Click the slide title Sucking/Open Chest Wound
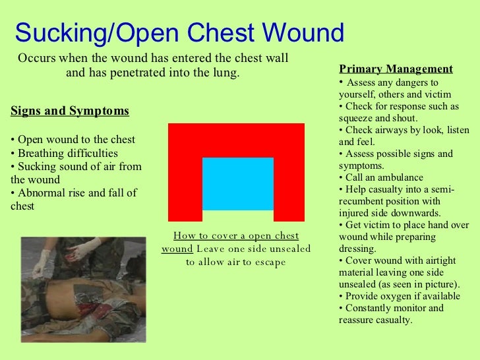point(179,32)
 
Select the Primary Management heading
point(396,69)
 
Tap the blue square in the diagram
point(237,183)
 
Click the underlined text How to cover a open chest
point(235,237)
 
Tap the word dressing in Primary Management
point(357,250)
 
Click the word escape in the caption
point(271,262)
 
